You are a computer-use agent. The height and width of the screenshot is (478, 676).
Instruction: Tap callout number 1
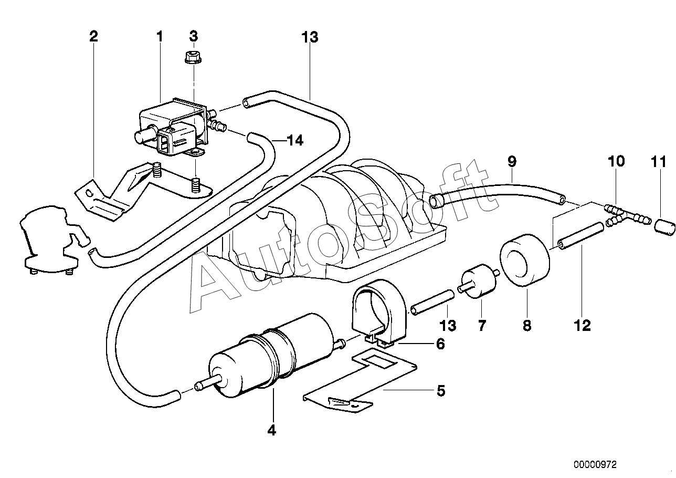[x=159, y=36]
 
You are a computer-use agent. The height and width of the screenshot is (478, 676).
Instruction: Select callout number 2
[x=93, y=36]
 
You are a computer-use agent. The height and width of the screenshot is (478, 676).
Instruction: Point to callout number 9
[x=512, y=161]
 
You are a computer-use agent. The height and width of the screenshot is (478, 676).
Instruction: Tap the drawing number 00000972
[x=596, y=464]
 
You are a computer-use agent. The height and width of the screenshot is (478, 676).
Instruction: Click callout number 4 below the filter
[x=271, y=431]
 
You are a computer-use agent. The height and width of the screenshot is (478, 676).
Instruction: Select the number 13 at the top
[x=310, y=37]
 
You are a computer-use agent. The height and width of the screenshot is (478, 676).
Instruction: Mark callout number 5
[x=440, y=391]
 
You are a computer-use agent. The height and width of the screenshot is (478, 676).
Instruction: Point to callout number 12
[x=583, y=326]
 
